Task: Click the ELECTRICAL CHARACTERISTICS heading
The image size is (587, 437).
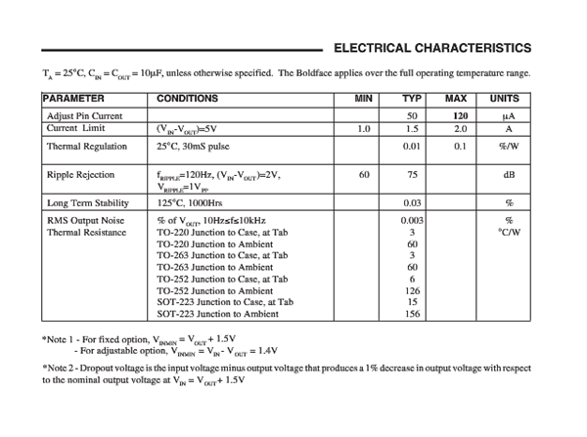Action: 432,48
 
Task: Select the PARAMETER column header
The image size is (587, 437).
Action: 73,99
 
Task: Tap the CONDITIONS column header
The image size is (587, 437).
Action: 190,99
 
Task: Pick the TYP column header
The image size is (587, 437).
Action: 412,99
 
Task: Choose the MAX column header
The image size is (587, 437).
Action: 456,99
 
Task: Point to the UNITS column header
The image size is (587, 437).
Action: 505,99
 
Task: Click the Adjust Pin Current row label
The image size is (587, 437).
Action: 84,115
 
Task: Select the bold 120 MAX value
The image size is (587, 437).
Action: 460,115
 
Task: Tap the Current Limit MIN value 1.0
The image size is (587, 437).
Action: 364,128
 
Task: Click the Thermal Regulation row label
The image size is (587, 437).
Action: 87,147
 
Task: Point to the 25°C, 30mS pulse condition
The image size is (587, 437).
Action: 197,147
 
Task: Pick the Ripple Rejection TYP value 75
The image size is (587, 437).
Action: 413,174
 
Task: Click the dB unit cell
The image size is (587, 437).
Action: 509,174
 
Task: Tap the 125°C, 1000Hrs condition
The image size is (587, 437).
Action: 190,202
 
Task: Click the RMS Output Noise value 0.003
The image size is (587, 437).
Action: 412,221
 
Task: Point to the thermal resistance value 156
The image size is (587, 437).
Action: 413,314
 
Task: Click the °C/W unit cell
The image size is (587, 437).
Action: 509,233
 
